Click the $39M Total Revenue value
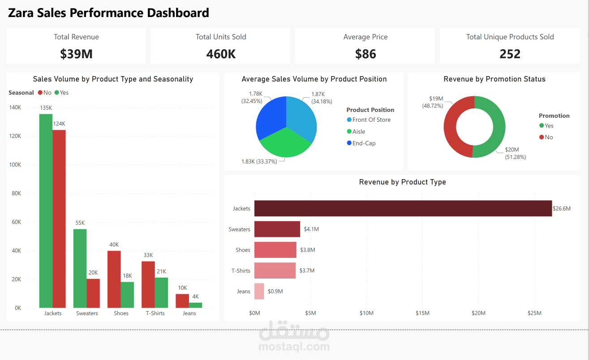point(76,54)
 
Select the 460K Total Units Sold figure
point(221,54)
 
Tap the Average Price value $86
point(365,54)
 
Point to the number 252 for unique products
point(510,54)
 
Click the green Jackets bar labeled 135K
point(46,210)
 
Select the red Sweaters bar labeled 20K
point(93,293)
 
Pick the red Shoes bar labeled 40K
point(114,279)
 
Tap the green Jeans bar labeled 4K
point(195,305)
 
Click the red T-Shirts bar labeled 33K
point(148,284)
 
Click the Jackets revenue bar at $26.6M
point(403,208)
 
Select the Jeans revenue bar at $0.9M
point(259,291)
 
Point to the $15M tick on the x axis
point(422,313)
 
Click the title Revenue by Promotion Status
point(494,79)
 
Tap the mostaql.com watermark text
point(294,346)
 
